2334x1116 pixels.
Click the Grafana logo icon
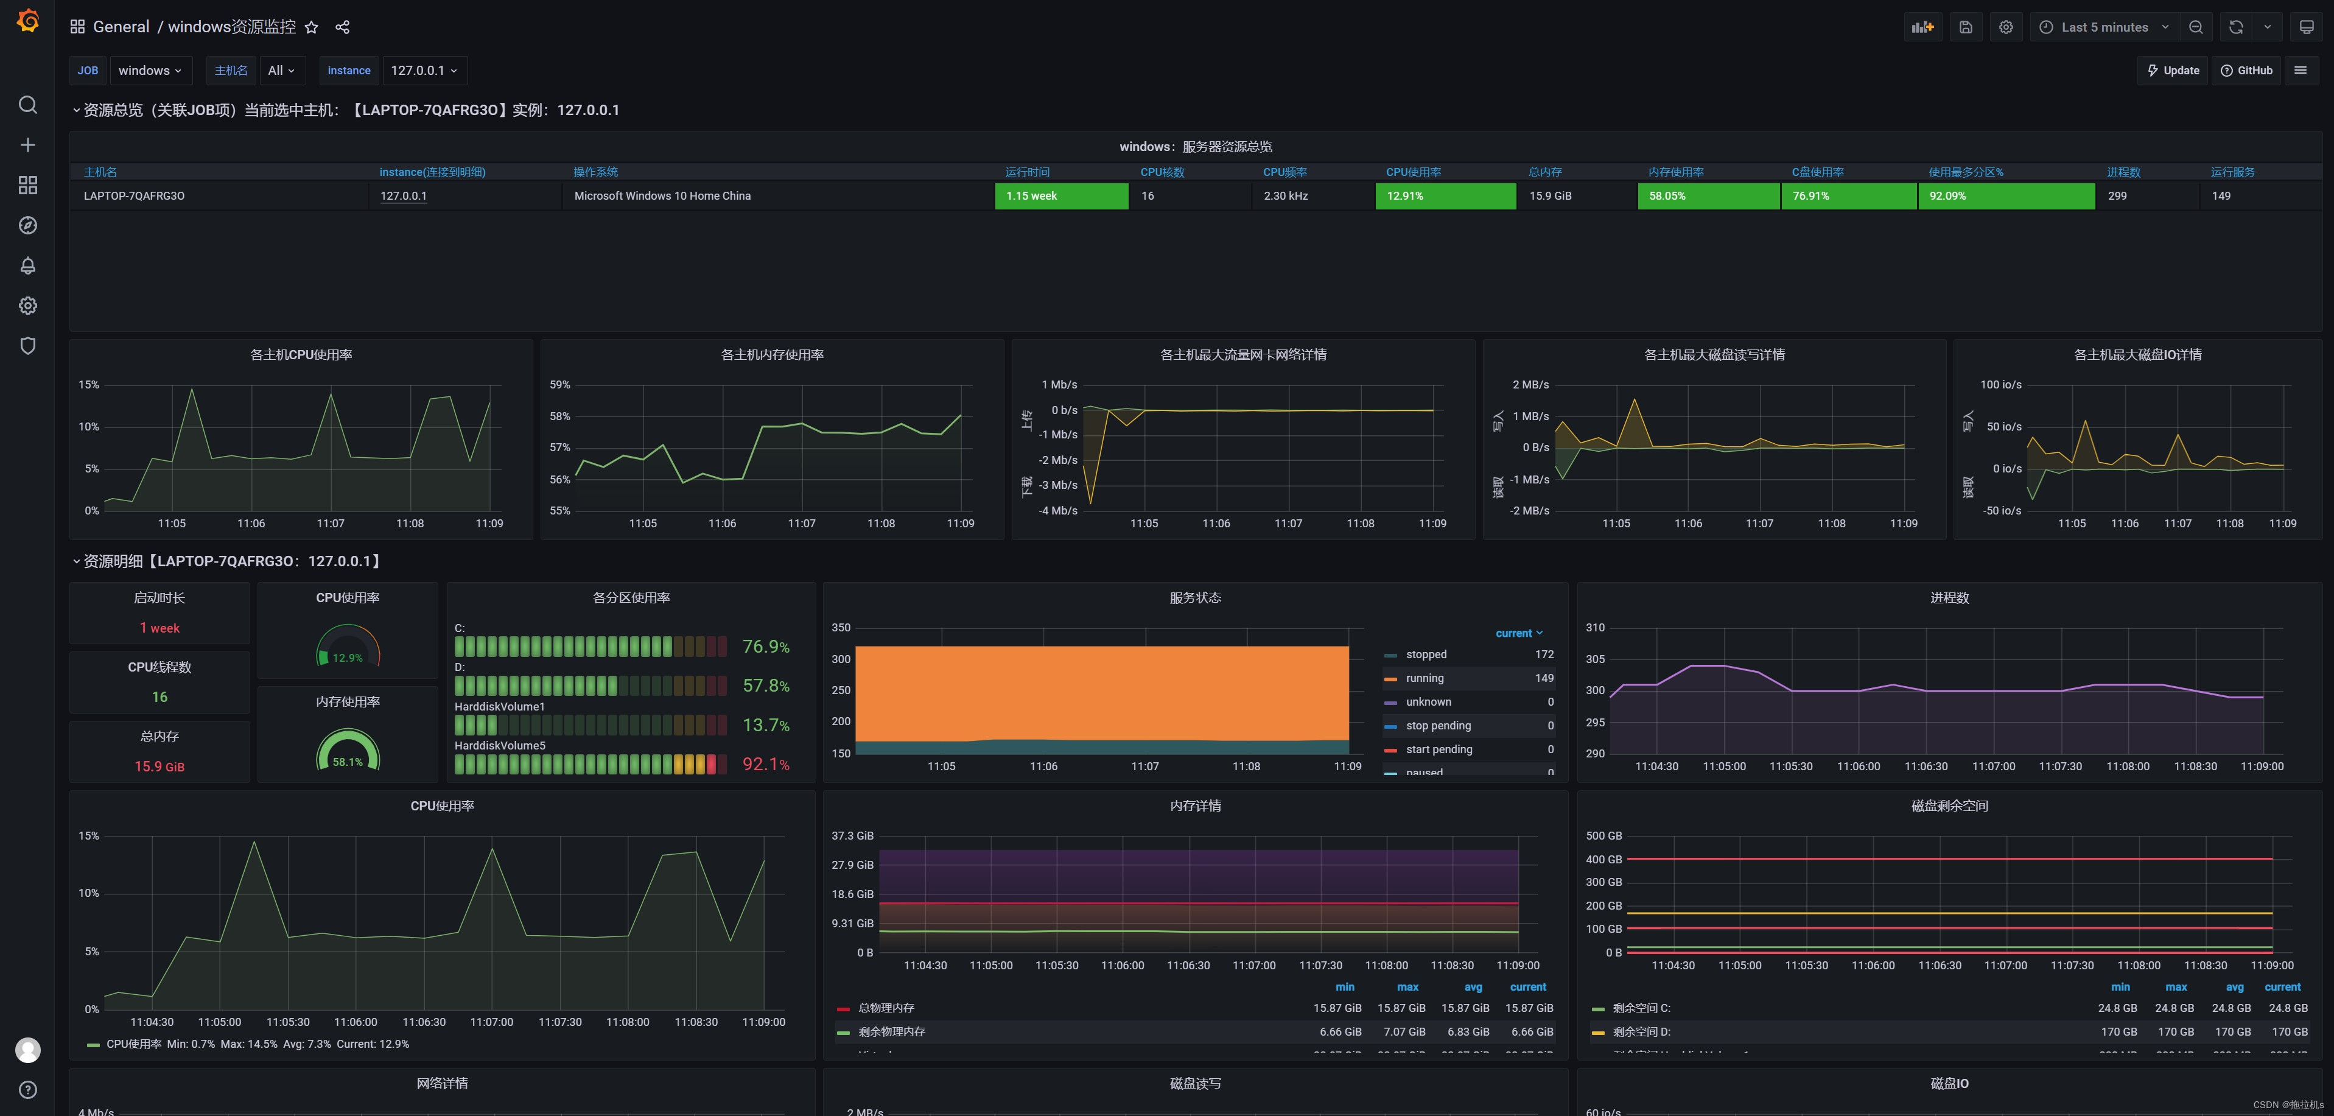click(x=28, y=20)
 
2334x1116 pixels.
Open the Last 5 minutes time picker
click(x=2103, y=27)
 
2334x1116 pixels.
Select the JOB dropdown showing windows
click(x=150, y=71)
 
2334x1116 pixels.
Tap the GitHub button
click(x=2246, y=71)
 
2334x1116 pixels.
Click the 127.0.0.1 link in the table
click(x=403, y=195)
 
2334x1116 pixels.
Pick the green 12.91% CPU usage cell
click(x=1444, y=195)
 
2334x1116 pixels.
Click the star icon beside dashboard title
click(x=312, y=27)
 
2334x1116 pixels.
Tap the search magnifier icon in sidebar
click(x=28, y=105)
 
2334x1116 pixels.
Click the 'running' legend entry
click(x=1425, y=678)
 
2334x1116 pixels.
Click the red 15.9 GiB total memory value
click(x=159, y=767)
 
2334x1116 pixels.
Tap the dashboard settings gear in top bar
click(x=2005, y=27)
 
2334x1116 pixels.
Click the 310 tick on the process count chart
click(x=1595, y=628)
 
